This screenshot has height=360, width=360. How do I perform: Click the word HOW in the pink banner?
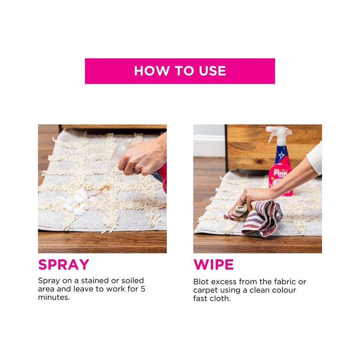click(152, 71)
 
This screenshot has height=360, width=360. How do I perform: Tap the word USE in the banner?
click(212, 71)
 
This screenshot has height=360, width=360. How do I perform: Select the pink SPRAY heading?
click(64, 265)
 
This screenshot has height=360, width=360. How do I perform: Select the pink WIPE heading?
click(213, 265)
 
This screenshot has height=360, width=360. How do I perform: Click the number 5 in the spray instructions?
click(143, 289)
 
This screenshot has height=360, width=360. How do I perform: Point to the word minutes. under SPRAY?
click(54, 297)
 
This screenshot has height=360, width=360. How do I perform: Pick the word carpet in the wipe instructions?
click(206, 291)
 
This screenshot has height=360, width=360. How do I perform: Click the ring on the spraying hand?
click(136, 171)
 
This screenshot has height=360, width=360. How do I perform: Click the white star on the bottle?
click(282, 156)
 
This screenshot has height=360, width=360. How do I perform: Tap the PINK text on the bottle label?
click(280, 173)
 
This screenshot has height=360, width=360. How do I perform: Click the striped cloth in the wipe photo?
click(257, 218)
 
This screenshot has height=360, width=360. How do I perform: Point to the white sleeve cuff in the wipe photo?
click(315, 158)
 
